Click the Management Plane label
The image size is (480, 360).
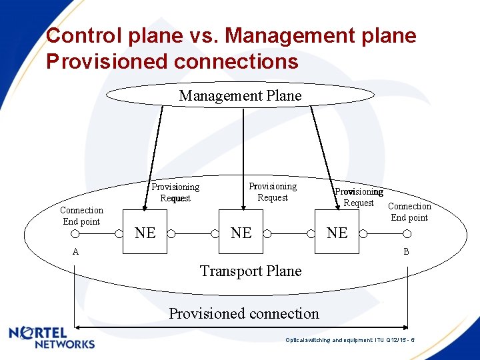point(240,96)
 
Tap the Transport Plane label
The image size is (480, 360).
point(251,271)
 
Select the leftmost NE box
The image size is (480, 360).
point(145,233)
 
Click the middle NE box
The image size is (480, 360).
point(241,233)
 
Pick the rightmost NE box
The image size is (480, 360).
point(337,233)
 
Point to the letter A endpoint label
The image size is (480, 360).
point(75,252)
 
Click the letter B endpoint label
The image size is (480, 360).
point(406,252)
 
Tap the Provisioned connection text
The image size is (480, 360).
point(244,313)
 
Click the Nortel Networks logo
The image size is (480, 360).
point(52,337)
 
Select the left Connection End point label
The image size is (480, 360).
point(81,216)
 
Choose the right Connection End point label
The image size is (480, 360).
point(409,212)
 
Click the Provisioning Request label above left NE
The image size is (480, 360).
point(175,193)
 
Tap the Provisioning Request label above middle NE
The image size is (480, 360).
point(273,192)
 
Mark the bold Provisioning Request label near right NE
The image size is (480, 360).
point(359,197)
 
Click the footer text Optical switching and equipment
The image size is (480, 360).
point(351,340)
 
